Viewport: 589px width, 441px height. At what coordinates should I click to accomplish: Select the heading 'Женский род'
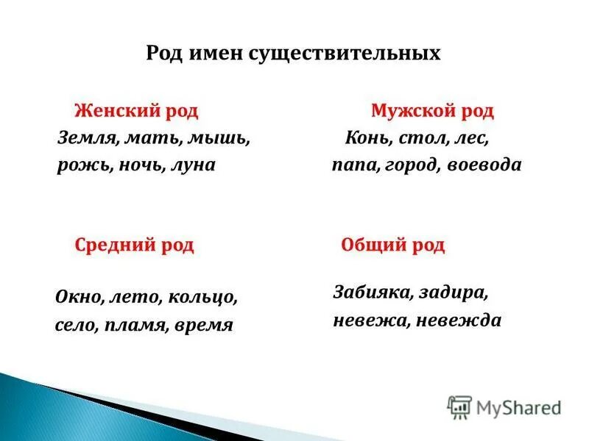[x=136, y=112]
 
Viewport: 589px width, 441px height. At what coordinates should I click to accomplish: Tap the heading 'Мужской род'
[x=432, y=112]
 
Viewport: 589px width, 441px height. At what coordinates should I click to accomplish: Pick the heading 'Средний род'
[x=134, y=245]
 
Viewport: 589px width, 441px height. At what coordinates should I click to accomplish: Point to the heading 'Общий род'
[x=393, y=245]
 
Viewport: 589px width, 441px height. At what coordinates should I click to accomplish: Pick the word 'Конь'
[x=363, y=138]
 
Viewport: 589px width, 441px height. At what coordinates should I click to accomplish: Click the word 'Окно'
[x=79, y=298]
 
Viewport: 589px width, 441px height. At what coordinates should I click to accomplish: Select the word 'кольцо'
[x=202, y=298]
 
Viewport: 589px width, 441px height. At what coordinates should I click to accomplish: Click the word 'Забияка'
[x=370, y=293]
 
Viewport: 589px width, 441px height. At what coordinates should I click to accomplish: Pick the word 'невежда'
[x=465, y=320]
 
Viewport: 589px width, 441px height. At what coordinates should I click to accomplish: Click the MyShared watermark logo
[x=504, y=406]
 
